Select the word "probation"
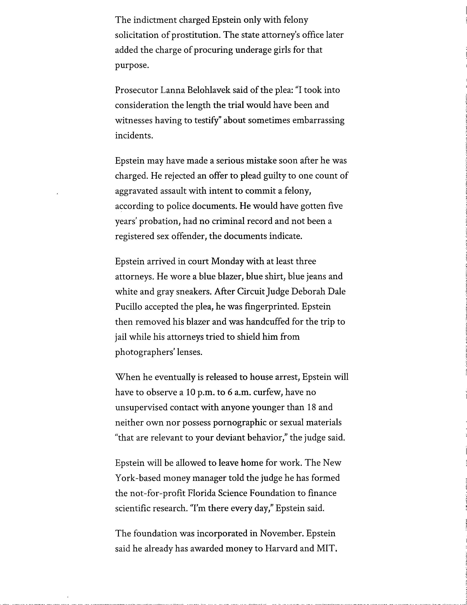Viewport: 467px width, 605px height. pyautogui.click(x=159, y=221)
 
